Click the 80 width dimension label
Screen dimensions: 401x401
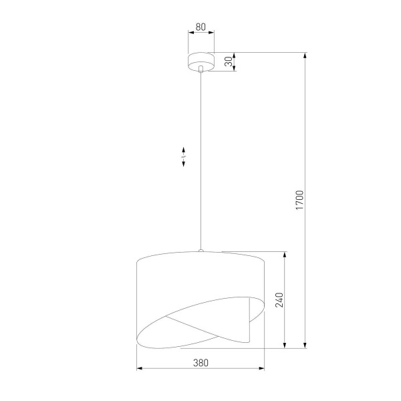coord(200,29)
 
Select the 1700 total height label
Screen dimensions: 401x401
coord(300,200)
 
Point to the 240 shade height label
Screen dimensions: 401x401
coord(280,300)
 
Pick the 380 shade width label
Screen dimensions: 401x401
coord(200,363)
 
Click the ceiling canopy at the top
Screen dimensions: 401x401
coord(200,59)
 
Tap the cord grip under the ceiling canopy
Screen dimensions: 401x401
coord(200,68)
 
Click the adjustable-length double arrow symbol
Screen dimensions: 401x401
coord(184,157)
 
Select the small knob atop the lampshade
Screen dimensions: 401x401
coord(200,251)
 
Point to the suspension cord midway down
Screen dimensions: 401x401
coord(200,160)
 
